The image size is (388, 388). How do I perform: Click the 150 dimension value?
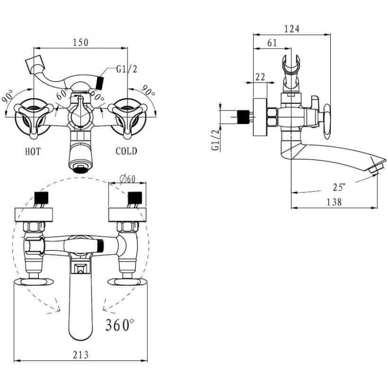(x=81, y=42)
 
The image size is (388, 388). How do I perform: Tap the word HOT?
(x=33, y=151)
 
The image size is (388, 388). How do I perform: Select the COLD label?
(x=126, y=151)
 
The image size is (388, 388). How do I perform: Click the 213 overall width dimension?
(x=81, y=355)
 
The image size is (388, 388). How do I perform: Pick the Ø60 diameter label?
(x=127, y=178)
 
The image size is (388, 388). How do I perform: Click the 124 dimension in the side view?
(x=291, y=29)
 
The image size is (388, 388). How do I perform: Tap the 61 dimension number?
(x=272, y=43)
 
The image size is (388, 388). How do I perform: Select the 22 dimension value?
(x=260, y=77)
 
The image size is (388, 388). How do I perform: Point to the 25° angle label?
(x=339, y=187)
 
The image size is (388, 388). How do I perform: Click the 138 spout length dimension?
(x=334, y=202)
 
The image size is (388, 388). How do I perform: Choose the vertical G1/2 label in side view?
(x=215, y=140)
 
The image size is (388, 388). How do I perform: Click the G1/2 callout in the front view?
(x=127, y=69)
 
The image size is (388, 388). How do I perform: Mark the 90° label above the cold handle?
(x=148, y=91)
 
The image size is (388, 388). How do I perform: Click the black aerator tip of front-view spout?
(x=80, y=169)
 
